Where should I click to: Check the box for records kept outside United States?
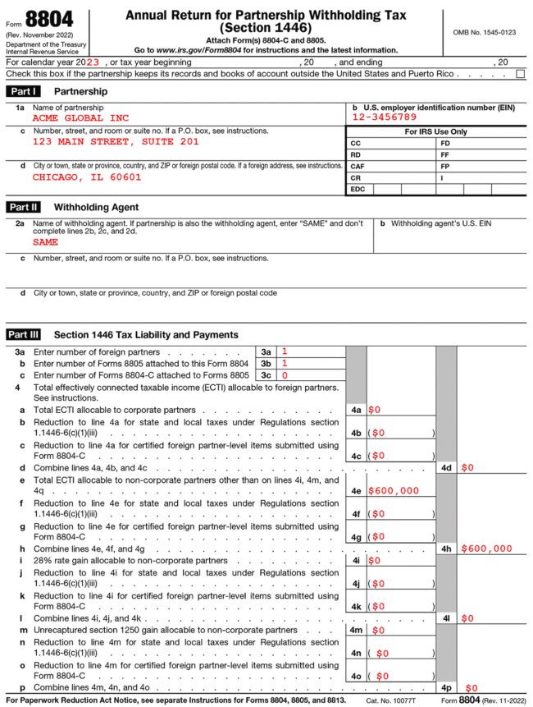[x=520, y=74]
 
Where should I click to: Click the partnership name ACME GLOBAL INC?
[x=80, y=118]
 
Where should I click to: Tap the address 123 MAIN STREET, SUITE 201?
[x=116, y=141]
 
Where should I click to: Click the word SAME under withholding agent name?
[x=46, y=243]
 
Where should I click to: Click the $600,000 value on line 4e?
[x=394, y=491]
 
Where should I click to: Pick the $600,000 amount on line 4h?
[x=486, y=549]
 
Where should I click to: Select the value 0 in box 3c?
[x=285, y=375]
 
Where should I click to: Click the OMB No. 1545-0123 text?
[x=485, y=32]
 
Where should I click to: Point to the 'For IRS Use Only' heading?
[x=435, y=131]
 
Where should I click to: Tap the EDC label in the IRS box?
[x=358, y=189]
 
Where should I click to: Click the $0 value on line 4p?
[x=471, y=687]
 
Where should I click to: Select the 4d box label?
[x=446, y=468]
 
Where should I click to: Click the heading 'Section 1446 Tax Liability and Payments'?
[x=146, y=335]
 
